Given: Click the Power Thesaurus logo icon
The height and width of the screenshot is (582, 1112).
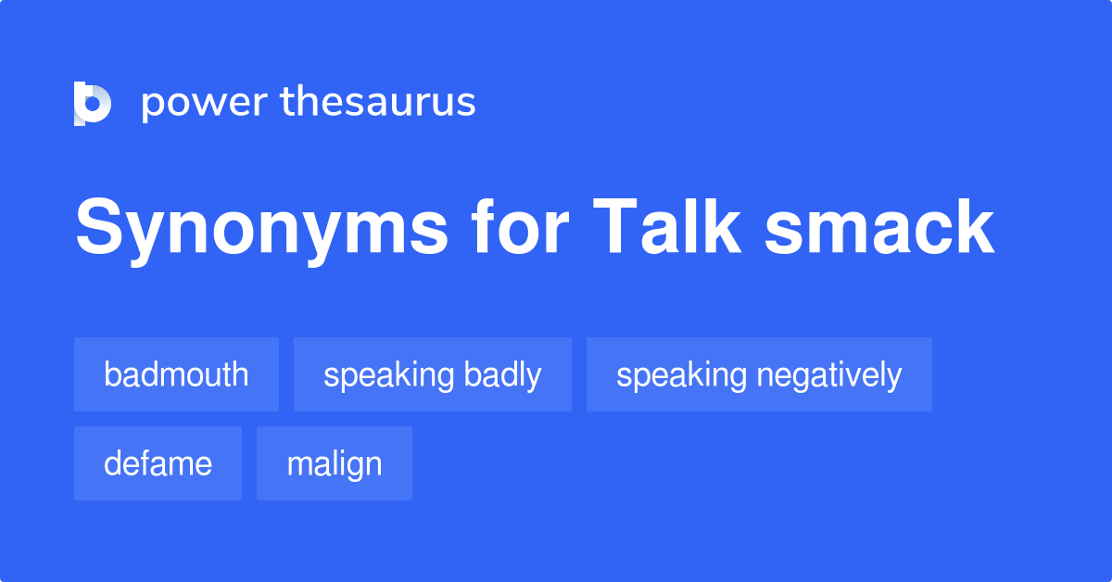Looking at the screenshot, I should click(x=92, y=103).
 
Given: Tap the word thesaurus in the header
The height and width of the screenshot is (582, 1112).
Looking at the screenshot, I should click(x=378, y=103).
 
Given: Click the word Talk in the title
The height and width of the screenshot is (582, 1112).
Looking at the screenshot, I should click(x=666, y=228).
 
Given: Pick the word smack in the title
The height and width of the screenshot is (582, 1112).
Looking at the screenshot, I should click(x=878, y=228).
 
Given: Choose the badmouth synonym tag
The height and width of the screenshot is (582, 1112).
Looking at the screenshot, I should click(x=176, y=374).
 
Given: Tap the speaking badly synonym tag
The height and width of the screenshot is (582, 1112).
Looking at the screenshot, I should click(x=432, y=374).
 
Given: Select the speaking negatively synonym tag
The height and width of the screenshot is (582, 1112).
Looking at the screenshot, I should click(x=759, y=374).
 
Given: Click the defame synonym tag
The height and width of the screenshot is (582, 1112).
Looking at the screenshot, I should click(x=158, y=463).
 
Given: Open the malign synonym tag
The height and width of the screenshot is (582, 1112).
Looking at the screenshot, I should click(x=334, y=463).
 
